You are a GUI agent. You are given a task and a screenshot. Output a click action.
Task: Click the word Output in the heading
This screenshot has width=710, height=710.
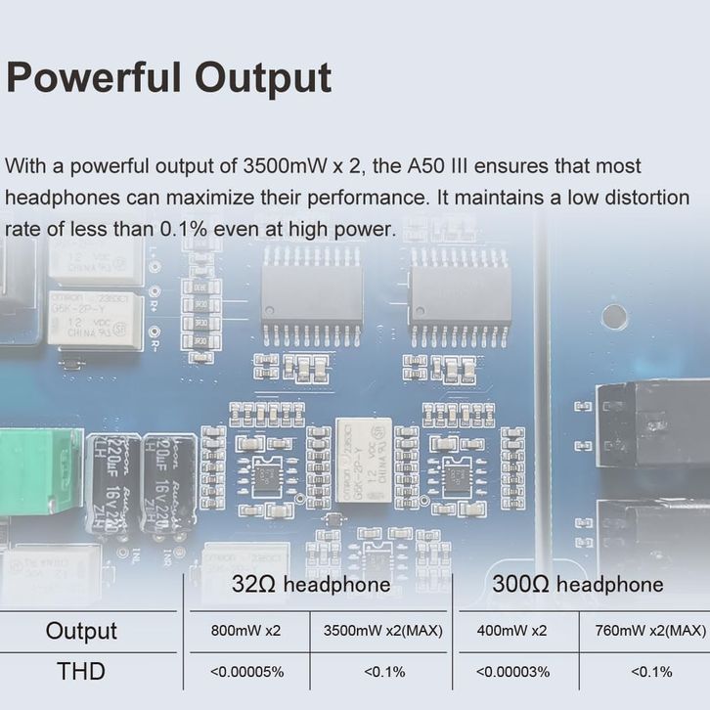tap(261, 77)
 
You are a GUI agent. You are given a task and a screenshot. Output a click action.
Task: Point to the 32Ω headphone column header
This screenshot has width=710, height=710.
tap(311, 585)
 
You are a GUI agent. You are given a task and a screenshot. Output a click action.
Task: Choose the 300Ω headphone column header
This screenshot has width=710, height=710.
tap(577, 585)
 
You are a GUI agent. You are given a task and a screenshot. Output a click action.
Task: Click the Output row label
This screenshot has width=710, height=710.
tap(81, 631)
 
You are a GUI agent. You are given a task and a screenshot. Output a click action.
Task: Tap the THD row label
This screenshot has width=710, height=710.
tap(81, 672)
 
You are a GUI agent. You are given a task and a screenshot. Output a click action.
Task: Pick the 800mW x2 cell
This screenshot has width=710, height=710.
tap(245, 631)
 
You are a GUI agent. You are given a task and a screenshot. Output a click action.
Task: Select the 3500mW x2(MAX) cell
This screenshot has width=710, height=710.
tap(382, 631)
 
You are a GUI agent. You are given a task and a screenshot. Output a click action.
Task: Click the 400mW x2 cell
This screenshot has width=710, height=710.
tap(512, 631)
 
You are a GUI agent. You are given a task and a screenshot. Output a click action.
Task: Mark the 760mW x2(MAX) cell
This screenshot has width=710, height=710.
tap(649, 631)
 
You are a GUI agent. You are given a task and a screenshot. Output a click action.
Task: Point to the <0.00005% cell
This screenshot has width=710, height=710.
tap(245, 672)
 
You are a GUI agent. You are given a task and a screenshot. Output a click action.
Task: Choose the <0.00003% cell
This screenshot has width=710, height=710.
tap(512, 672)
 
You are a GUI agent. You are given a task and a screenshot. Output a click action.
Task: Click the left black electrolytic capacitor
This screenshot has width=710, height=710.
tap(111, 484)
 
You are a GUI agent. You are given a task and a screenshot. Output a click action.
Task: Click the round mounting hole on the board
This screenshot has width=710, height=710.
tap(613, 316)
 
